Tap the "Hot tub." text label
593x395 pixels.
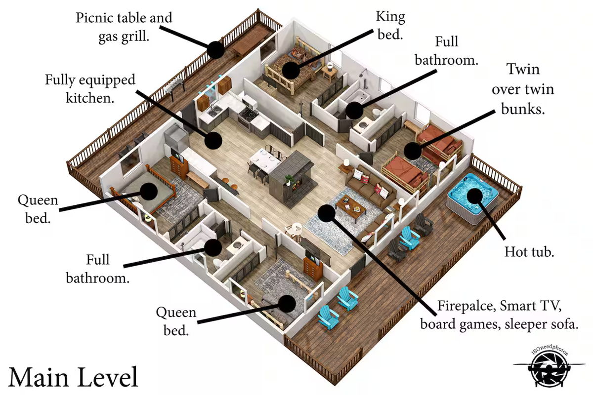[x=529, y=252]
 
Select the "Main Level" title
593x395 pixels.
[x=73, y=377]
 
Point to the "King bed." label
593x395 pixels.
[x=390, y=25]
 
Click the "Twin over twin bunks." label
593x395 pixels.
[x=523, y=89]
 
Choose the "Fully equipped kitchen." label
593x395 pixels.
[x=90, y=89]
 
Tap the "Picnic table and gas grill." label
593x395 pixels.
[x=124, y=27]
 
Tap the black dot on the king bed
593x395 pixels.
[x=291, y=71]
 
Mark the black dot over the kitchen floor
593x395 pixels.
[x=213, y=141]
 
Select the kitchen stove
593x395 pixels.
[x=248, y=117]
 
